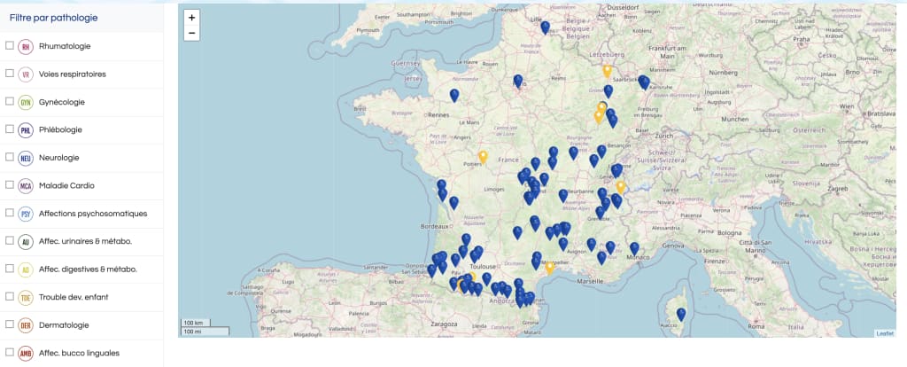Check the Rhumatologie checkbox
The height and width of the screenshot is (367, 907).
[10, 46]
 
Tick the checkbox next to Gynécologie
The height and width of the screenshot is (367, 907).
[10, 102]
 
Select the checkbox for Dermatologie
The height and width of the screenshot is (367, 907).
[10, 324]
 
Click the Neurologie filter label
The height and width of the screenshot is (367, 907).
[58, 158]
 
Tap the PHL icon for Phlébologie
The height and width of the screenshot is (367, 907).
[26, 130]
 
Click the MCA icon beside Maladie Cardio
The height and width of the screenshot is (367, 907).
[26, 186]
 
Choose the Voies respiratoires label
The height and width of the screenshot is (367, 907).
[72, 74]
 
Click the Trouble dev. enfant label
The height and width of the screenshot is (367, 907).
[74, 297]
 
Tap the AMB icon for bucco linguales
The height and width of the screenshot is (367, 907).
[26, 353]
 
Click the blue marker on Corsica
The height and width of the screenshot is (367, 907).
[681, 314]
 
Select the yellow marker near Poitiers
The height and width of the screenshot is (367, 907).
[483, 157]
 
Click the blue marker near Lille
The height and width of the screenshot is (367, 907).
[545, 27]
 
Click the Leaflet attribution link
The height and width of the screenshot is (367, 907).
[885, 333]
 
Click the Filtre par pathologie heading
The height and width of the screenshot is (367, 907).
[53, 18]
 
